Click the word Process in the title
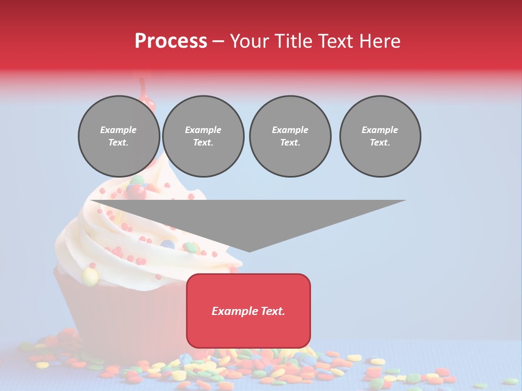pyautogui.click(x=171, y=41)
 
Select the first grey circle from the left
pyautogui.click(x=119, y=136)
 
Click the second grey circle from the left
pyautogui.click(x=203, y=136)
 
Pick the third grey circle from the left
pyautogui.click(x=290, y=136)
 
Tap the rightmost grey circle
pyautogui.click(x=380, y=136)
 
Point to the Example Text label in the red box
pyautogui.click(x=248, y=311)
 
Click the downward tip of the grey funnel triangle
pyautogui.click(x=249, y=250)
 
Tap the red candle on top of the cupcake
pyautogui.click(x=145, y=95)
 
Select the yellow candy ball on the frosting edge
pyautogui.click(x=90, y=277)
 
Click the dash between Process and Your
pyautogui.click(x=218, y=41)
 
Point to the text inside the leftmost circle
pyautogui.click(x=119, y=136)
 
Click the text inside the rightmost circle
pyautogui.click(x=380, y=136)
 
